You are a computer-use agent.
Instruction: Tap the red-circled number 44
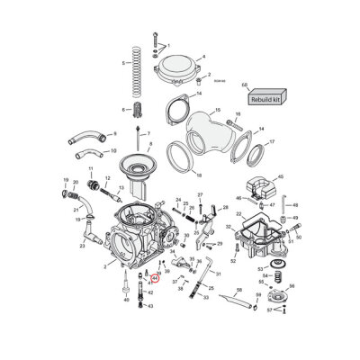pos(155,278)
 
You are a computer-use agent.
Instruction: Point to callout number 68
pos(245,85)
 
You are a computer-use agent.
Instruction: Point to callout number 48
pos(295,206)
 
